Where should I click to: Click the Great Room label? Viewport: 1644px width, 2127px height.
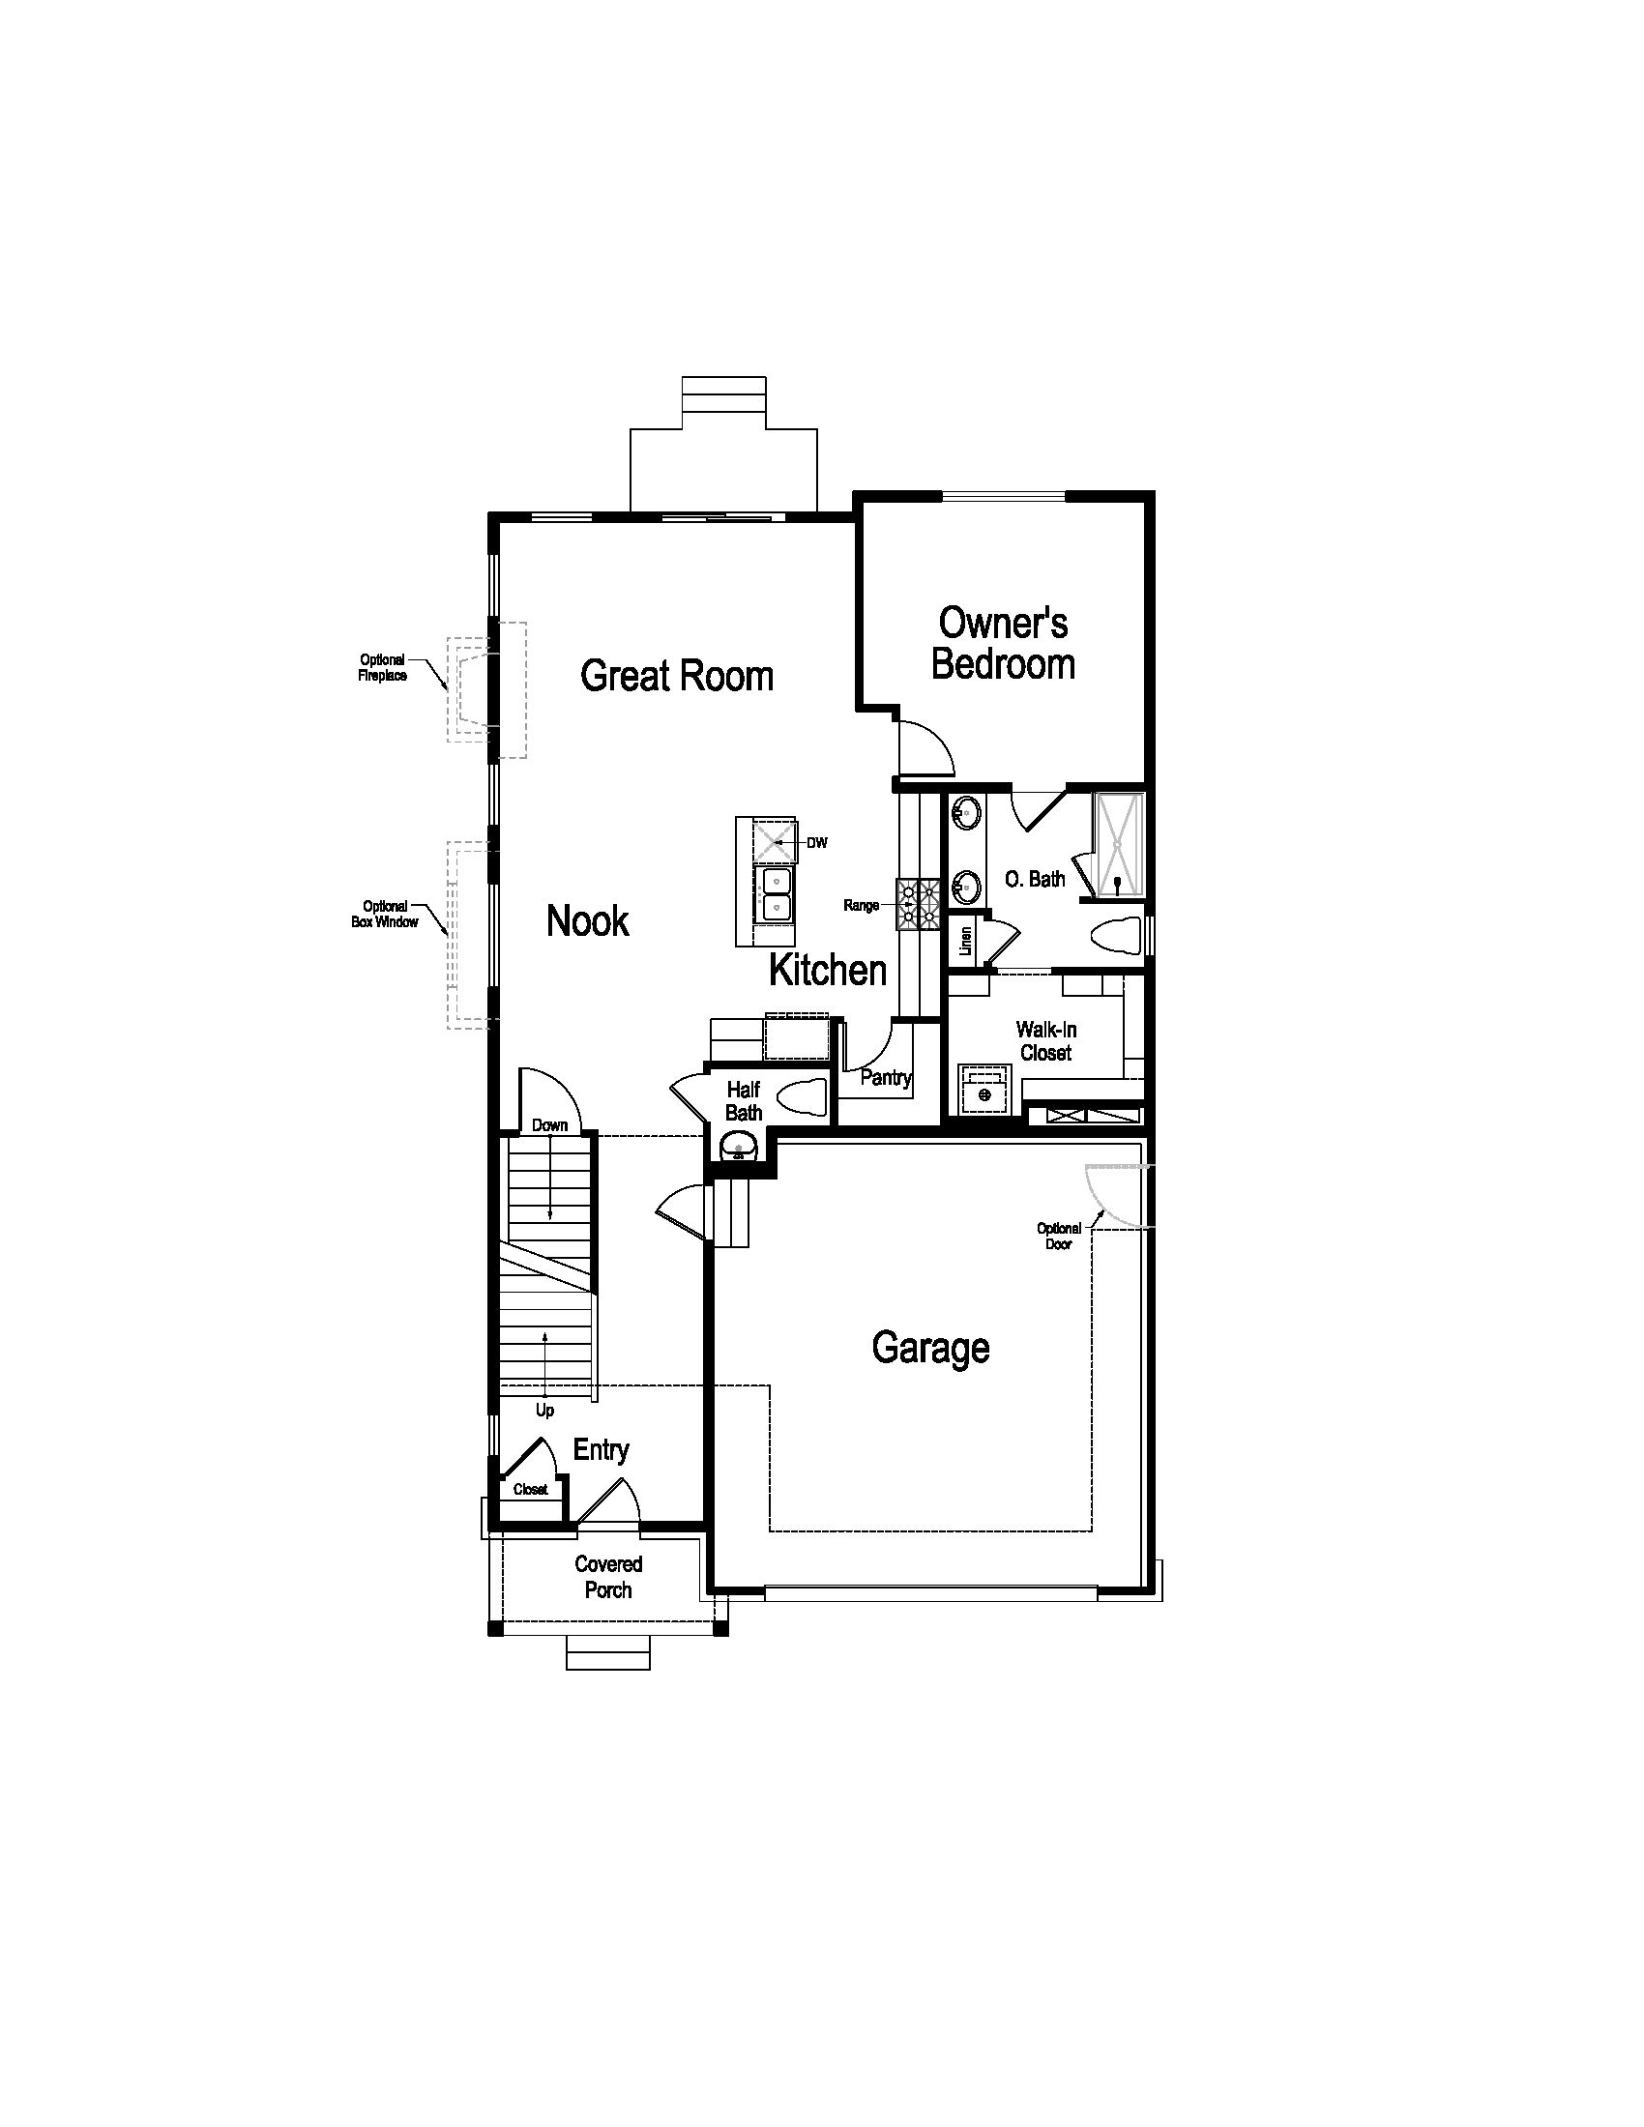pos(677,676)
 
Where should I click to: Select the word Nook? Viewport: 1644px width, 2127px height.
pos(587,920)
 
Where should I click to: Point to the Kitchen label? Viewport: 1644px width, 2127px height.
pos(828,970)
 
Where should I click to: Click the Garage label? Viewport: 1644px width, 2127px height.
pos(931,1349)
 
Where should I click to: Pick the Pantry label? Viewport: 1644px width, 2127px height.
pos(886,1078)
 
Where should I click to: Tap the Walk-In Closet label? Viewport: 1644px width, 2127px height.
pos(1046,1041)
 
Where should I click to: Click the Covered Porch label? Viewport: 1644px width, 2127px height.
pos(608,1577)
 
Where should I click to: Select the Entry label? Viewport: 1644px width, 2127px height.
pos(601,1450)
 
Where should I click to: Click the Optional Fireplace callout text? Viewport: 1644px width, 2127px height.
pos(382,668)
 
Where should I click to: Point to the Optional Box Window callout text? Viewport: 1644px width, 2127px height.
pos(385,914)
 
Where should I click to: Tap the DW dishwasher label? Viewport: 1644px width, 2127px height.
pos(817,842)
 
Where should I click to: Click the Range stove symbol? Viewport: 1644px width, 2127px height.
pos(919,903)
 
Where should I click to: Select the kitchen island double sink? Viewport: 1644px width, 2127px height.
pos(777,894)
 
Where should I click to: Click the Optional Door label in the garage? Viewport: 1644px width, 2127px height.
pos(1059,1236)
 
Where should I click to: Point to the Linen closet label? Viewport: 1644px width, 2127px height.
pos(966,940)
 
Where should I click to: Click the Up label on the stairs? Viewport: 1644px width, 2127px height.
pos(544,1411)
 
